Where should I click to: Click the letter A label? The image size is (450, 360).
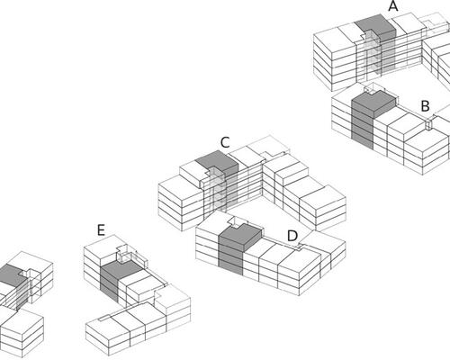pyautogui.click(x=393, y=6)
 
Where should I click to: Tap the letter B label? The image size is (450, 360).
pyautogui.click(x=426, y=106)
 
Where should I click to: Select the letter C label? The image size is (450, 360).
pyautogui.click(x=225, y=142)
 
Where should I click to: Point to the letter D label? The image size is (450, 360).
pyautogui.click(x=292, y=236)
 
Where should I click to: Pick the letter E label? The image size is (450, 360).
pyautogui.click(x=101, y=230)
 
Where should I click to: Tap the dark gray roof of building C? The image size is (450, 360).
pyautogui.click(x=218, y=162)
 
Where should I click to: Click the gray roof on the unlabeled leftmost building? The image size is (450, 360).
pyautogui.click(x=11, y=274)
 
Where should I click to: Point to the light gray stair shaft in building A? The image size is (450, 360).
pyautogui.click(x=373, y=56)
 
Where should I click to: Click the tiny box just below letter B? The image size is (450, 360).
pyautogui.click(x=429, y=123)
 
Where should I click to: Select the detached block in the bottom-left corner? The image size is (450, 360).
pyautogui.click(x=22, y=333)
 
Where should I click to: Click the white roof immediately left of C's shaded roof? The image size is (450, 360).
pyautogui.click(x=192, y=173)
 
